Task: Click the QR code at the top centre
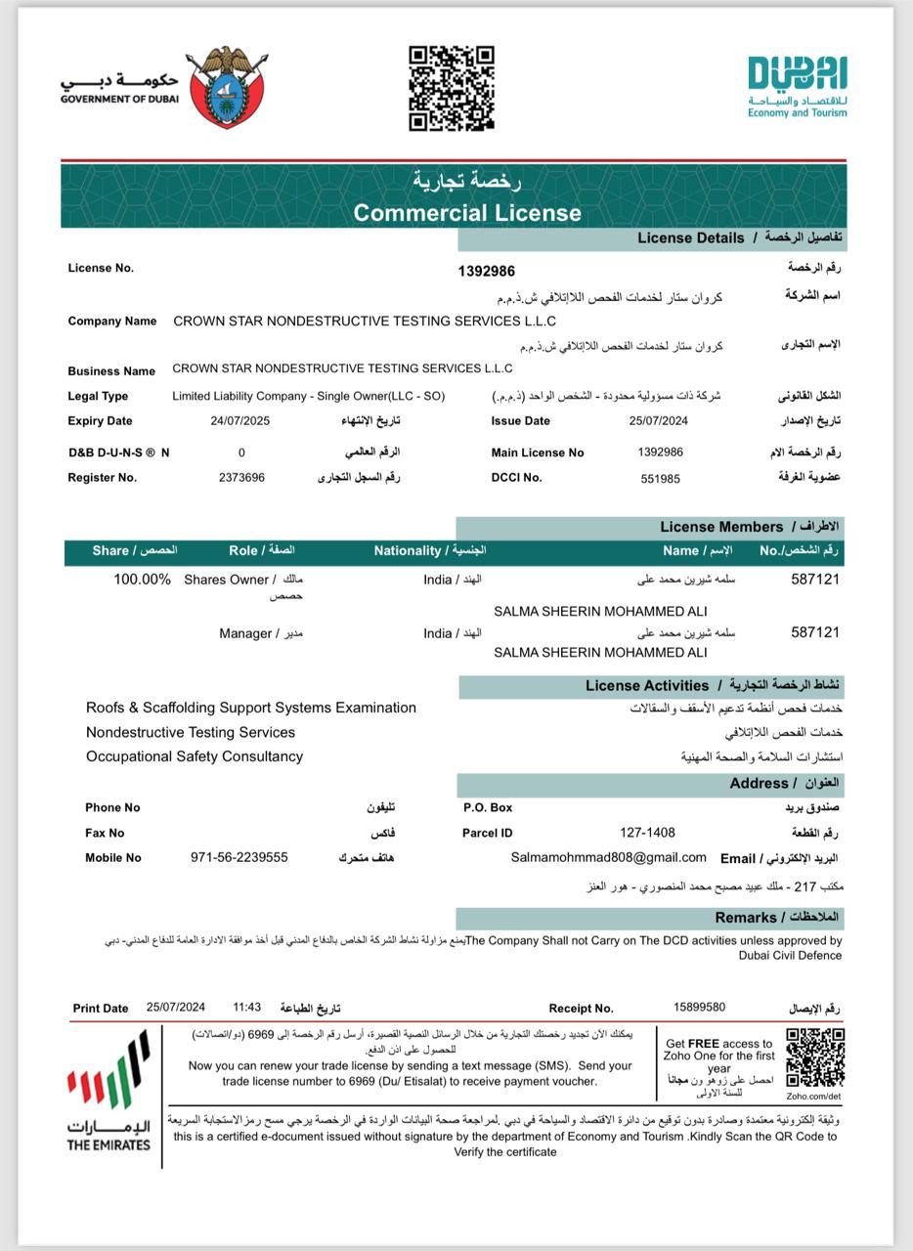point(451,88)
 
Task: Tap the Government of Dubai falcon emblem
point(226,87)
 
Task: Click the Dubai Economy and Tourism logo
point(797,87)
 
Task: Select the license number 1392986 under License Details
point(486,271)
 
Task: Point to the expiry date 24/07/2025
point(239,421)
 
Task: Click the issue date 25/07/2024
point(659,421)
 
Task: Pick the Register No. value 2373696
point(241,478)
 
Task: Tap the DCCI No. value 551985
point(660,479)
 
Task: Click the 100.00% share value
point(142,580)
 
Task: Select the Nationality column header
point(429,550)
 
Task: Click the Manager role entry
point(245,633)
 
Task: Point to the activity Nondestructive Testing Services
point(191,732)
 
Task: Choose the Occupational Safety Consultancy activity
point(195,756)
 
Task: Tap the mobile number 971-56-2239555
point(239,857)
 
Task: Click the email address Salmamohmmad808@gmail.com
point(608,857)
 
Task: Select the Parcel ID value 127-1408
point(647,833)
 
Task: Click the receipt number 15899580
point(699,1008)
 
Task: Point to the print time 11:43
point(246,1008)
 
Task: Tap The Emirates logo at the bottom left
point(109,1095)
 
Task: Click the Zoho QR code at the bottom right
point(814,1057)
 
